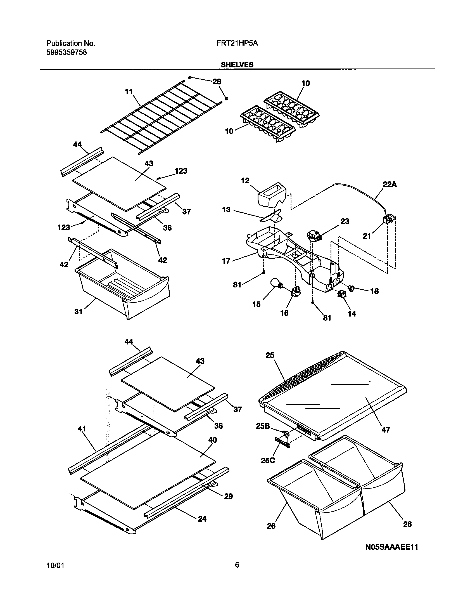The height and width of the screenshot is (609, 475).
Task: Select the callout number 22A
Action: pos(389,184)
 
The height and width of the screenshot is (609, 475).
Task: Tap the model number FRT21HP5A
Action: pos(237,43)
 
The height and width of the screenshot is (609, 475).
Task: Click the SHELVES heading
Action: pos(237,65)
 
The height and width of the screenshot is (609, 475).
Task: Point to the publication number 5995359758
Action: pos(66,52)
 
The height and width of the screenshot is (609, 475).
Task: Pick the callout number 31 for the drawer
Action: pos(79,311)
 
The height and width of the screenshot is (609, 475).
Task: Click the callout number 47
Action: pos(386,430)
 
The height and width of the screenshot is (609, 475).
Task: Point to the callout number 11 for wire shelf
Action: pos(129,92)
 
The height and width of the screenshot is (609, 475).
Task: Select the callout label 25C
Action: pos(268,460)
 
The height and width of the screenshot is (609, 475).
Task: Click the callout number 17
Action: pos(226,261)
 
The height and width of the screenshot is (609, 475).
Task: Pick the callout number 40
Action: pos(213,440)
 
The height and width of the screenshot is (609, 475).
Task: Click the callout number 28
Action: pos(217,81)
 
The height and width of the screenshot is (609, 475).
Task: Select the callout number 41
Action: pos(82,429)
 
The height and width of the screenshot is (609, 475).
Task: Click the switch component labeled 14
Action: pos(342,294)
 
